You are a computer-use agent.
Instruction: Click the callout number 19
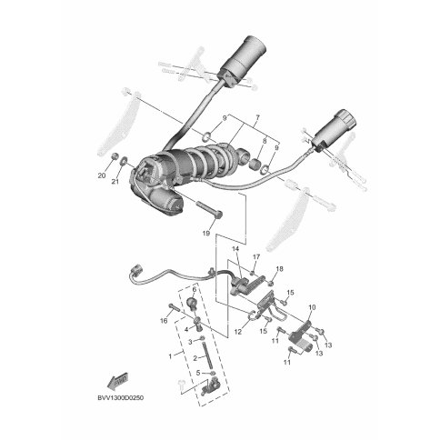click(205, 234)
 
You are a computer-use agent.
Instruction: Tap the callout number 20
click(102, 175)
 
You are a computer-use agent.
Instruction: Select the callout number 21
click(115, 182)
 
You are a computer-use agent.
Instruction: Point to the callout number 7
click(257, 116)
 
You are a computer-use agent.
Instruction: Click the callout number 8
click(265, 141)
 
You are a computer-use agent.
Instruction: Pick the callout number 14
click(235, 249)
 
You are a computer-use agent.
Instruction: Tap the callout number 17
click(256, 257)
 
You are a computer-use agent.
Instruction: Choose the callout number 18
click(279, 269)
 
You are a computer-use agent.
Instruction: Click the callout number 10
click(312, 307)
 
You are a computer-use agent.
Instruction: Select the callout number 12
click(238, 332)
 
